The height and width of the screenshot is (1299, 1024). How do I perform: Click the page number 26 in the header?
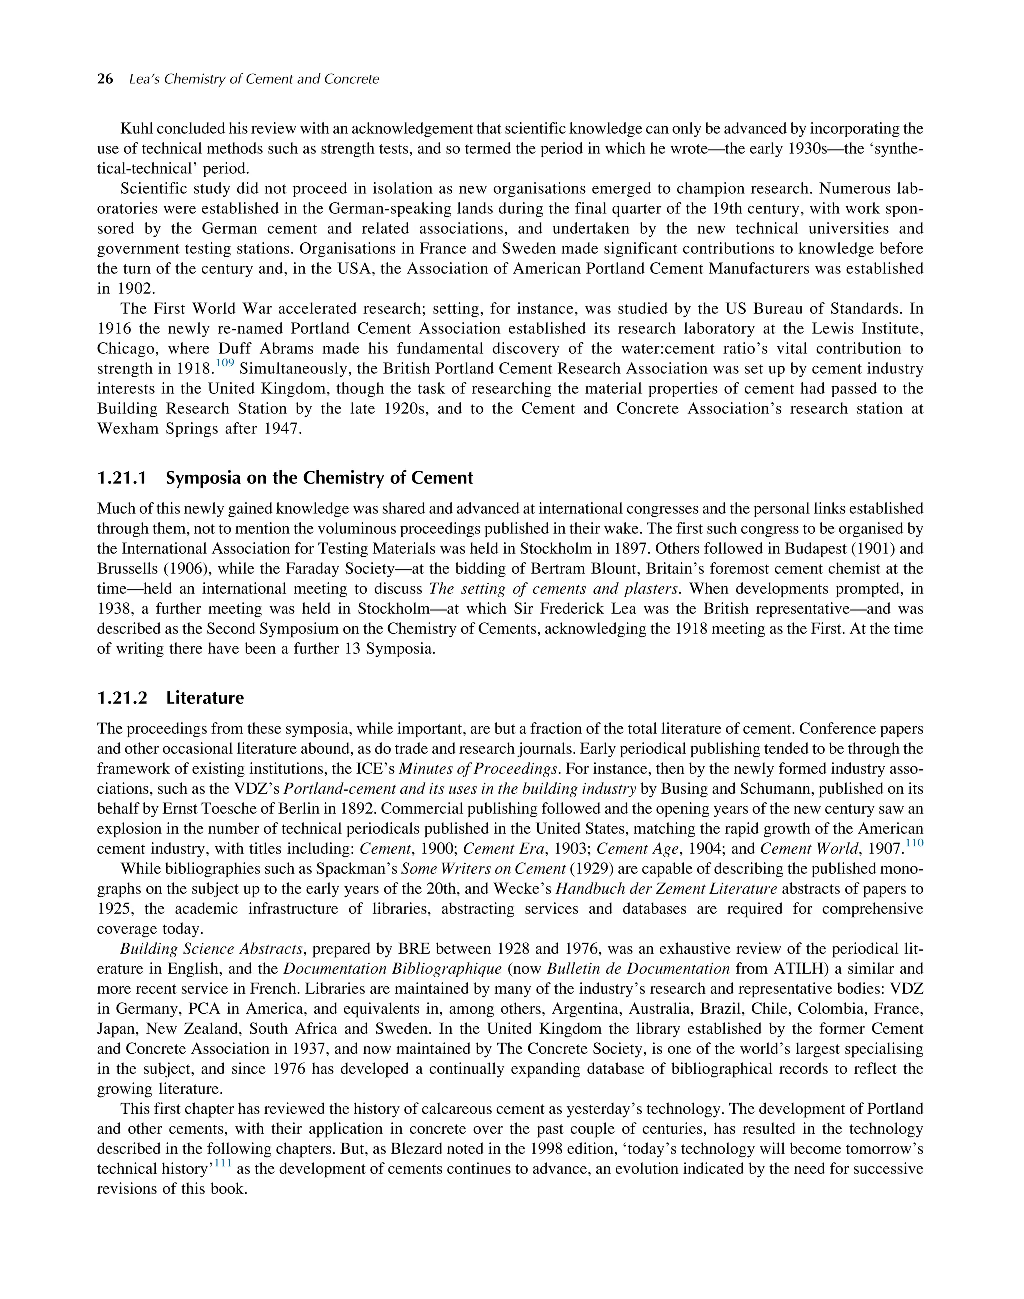[x=105, y=79]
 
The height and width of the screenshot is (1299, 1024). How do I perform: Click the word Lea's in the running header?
[x=144, y=79]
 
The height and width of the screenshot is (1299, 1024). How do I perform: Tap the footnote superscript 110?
[x=914, y=844]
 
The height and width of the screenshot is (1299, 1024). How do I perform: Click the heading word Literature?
[x=205, y=698]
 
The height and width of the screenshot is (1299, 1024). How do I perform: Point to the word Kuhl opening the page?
[x=137, y=129]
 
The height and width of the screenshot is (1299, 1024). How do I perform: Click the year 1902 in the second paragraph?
[x=130, y=289]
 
